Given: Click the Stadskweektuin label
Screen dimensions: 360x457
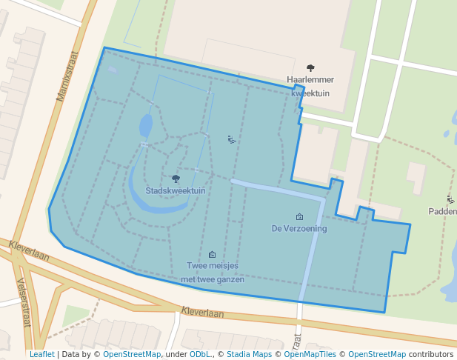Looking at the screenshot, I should [176, 190].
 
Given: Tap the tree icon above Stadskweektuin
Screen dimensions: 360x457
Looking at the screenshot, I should [176, 179].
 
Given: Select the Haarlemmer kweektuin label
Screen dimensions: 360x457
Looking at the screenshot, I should [310, 86].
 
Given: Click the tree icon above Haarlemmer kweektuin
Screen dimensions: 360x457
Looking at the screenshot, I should [310, 68].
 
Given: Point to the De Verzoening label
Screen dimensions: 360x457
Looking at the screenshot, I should [299, 228].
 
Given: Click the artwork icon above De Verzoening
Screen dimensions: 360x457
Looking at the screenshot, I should [299, 217].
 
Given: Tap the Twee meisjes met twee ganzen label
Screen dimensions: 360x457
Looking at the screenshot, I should [213, 272].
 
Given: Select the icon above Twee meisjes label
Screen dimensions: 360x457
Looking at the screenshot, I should [213, 255].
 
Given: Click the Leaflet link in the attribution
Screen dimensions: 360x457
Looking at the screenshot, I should [41, 354].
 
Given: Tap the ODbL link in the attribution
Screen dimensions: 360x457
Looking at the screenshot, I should [200, 354].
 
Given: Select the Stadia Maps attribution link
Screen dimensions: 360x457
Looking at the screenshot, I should [250, 354].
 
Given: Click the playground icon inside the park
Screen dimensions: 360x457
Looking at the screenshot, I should [231, 139].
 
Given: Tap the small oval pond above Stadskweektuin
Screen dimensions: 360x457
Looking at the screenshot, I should [146, 125].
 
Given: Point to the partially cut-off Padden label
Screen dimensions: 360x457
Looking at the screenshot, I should [443, 211].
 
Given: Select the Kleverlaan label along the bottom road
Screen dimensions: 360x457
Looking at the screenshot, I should [202, 313].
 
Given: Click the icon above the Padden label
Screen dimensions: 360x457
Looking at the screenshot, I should [451, 199].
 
